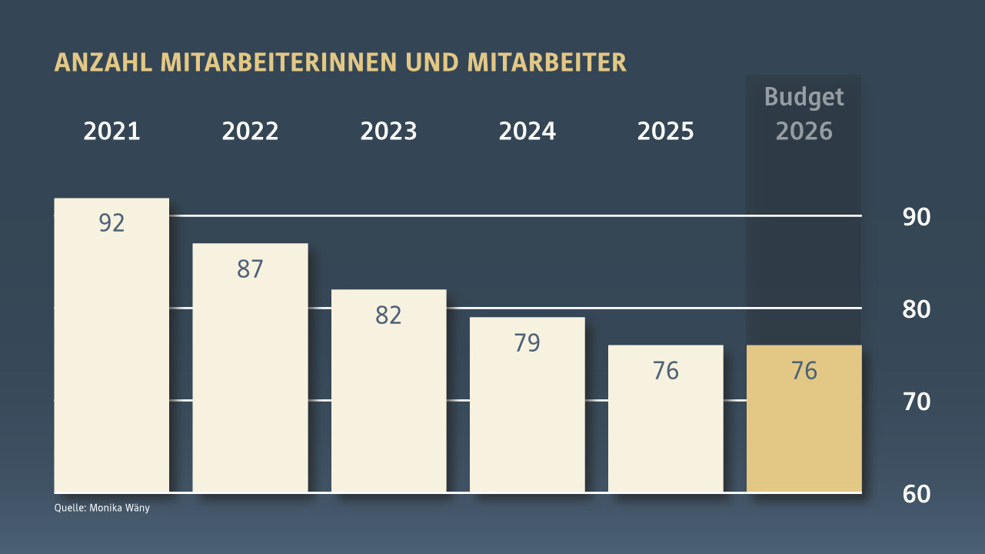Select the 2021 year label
click(111, 132)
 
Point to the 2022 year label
click(250, 132)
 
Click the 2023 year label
click(388, 132)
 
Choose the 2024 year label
click(527, 132)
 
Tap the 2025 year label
click(665, 132)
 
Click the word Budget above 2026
click(804, 98)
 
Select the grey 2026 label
click(804, 131)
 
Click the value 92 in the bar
click(111, 223)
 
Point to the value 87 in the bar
click(250, 269)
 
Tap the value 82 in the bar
click(388, 315)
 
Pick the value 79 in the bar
click(527, 343)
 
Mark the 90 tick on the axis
click(916, 217)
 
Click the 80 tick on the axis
click(916, 309)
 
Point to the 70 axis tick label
click(916, 402)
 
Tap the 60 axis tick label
click(916, 494)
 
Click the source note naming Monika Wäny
click(101, 508)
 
